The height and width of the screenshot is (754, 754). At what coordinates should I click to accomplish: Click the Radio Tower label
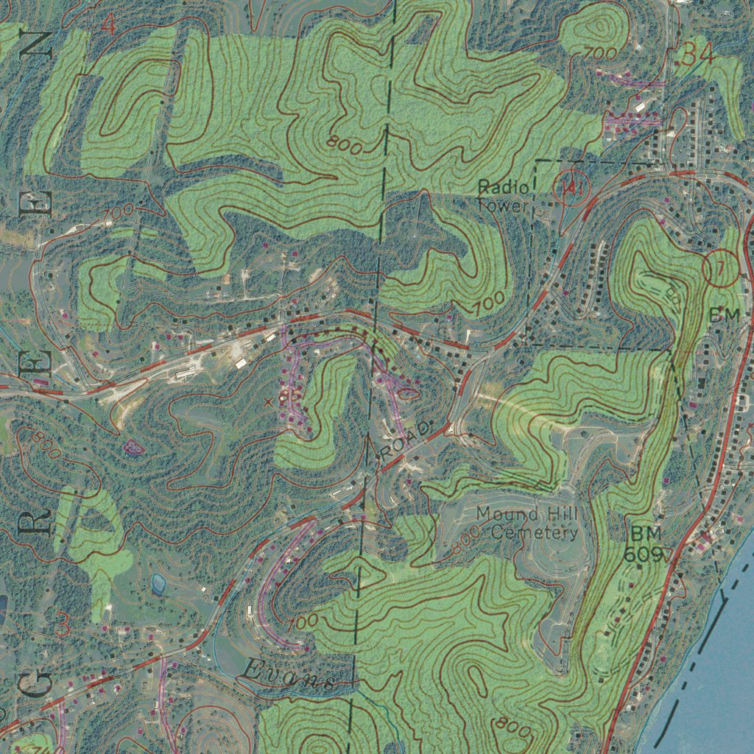pos(503,196)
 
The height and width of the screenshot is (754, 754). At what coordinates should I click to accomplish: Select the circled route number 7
pos(721,268)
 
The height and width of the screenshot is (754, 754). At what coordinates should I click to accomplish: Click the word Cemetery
pos(535,532)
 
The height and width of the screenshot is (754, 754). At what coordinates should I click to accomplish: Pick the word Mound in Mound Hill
pos(503,513)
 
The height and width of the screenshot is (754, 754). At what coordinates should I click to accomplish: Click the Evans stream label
pos(289,676)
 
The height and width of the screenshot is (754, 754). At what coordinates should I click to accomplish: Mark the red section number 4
pos(108,26)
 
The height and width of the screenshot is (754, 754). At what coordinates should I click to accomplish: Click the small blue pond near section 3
pos(158,584)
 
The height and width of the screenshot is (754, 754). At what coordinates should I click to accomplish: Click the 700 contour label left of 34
pos(600,54)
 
